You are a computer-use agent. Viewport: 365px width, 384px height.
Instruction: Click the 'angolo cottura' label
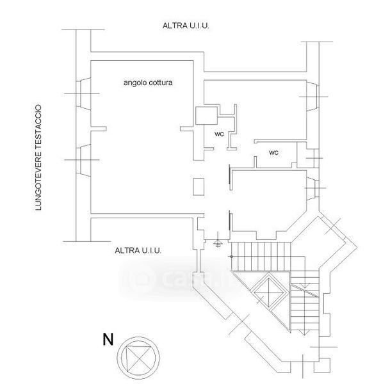coord(148,83)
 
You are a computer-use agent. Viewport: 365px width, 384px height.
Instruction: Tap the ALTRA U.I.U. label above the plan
coord(186,26)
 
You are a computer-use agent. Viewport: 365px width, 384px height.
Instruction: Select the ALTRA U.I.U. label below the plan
coord(138,250)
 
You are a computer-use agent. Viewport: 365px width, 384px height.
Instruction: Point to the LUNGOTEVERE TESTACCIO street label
coord(38,157)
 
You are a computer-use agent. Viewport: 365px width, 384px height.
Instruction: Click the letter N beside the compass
coord(108,339)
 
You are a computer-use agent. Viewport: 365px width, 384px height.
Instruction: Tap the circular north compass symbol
coord(138,358)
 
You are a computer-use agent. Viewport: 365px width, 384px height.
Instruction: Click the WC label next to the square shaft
coord(219,134)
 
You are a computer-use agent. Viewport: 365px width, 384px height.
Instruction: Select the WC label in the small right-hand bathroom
coord(273,153)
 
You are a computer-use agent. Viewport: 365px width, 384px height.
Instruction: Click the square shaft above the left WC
coord(206,116)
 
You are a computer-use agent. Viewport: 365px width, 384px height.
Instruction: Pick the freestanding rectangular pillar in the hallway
coord(199,187)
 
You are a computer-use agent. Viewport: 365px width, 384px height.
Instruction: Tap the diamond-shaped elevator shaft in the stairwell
coord(269,292)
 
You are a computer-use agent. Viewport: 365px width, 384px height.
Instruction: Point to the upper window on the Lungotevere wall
coord(83,93)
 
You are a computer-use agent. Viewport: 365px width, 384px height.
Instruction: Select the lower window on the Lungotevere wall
coord(83,160)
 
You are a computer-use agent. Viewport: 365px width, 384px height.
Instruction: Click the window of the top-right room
coord(312,97)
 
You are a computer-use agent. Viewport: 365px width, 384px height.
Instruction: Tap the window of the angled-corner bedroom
coord(312,188)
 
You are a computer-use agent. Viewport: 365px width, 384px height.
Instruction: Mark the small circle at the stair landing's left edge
coord(231,257)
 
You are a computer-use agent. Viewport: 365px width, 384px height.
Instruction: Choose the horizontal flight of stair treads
coord(261,257)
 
